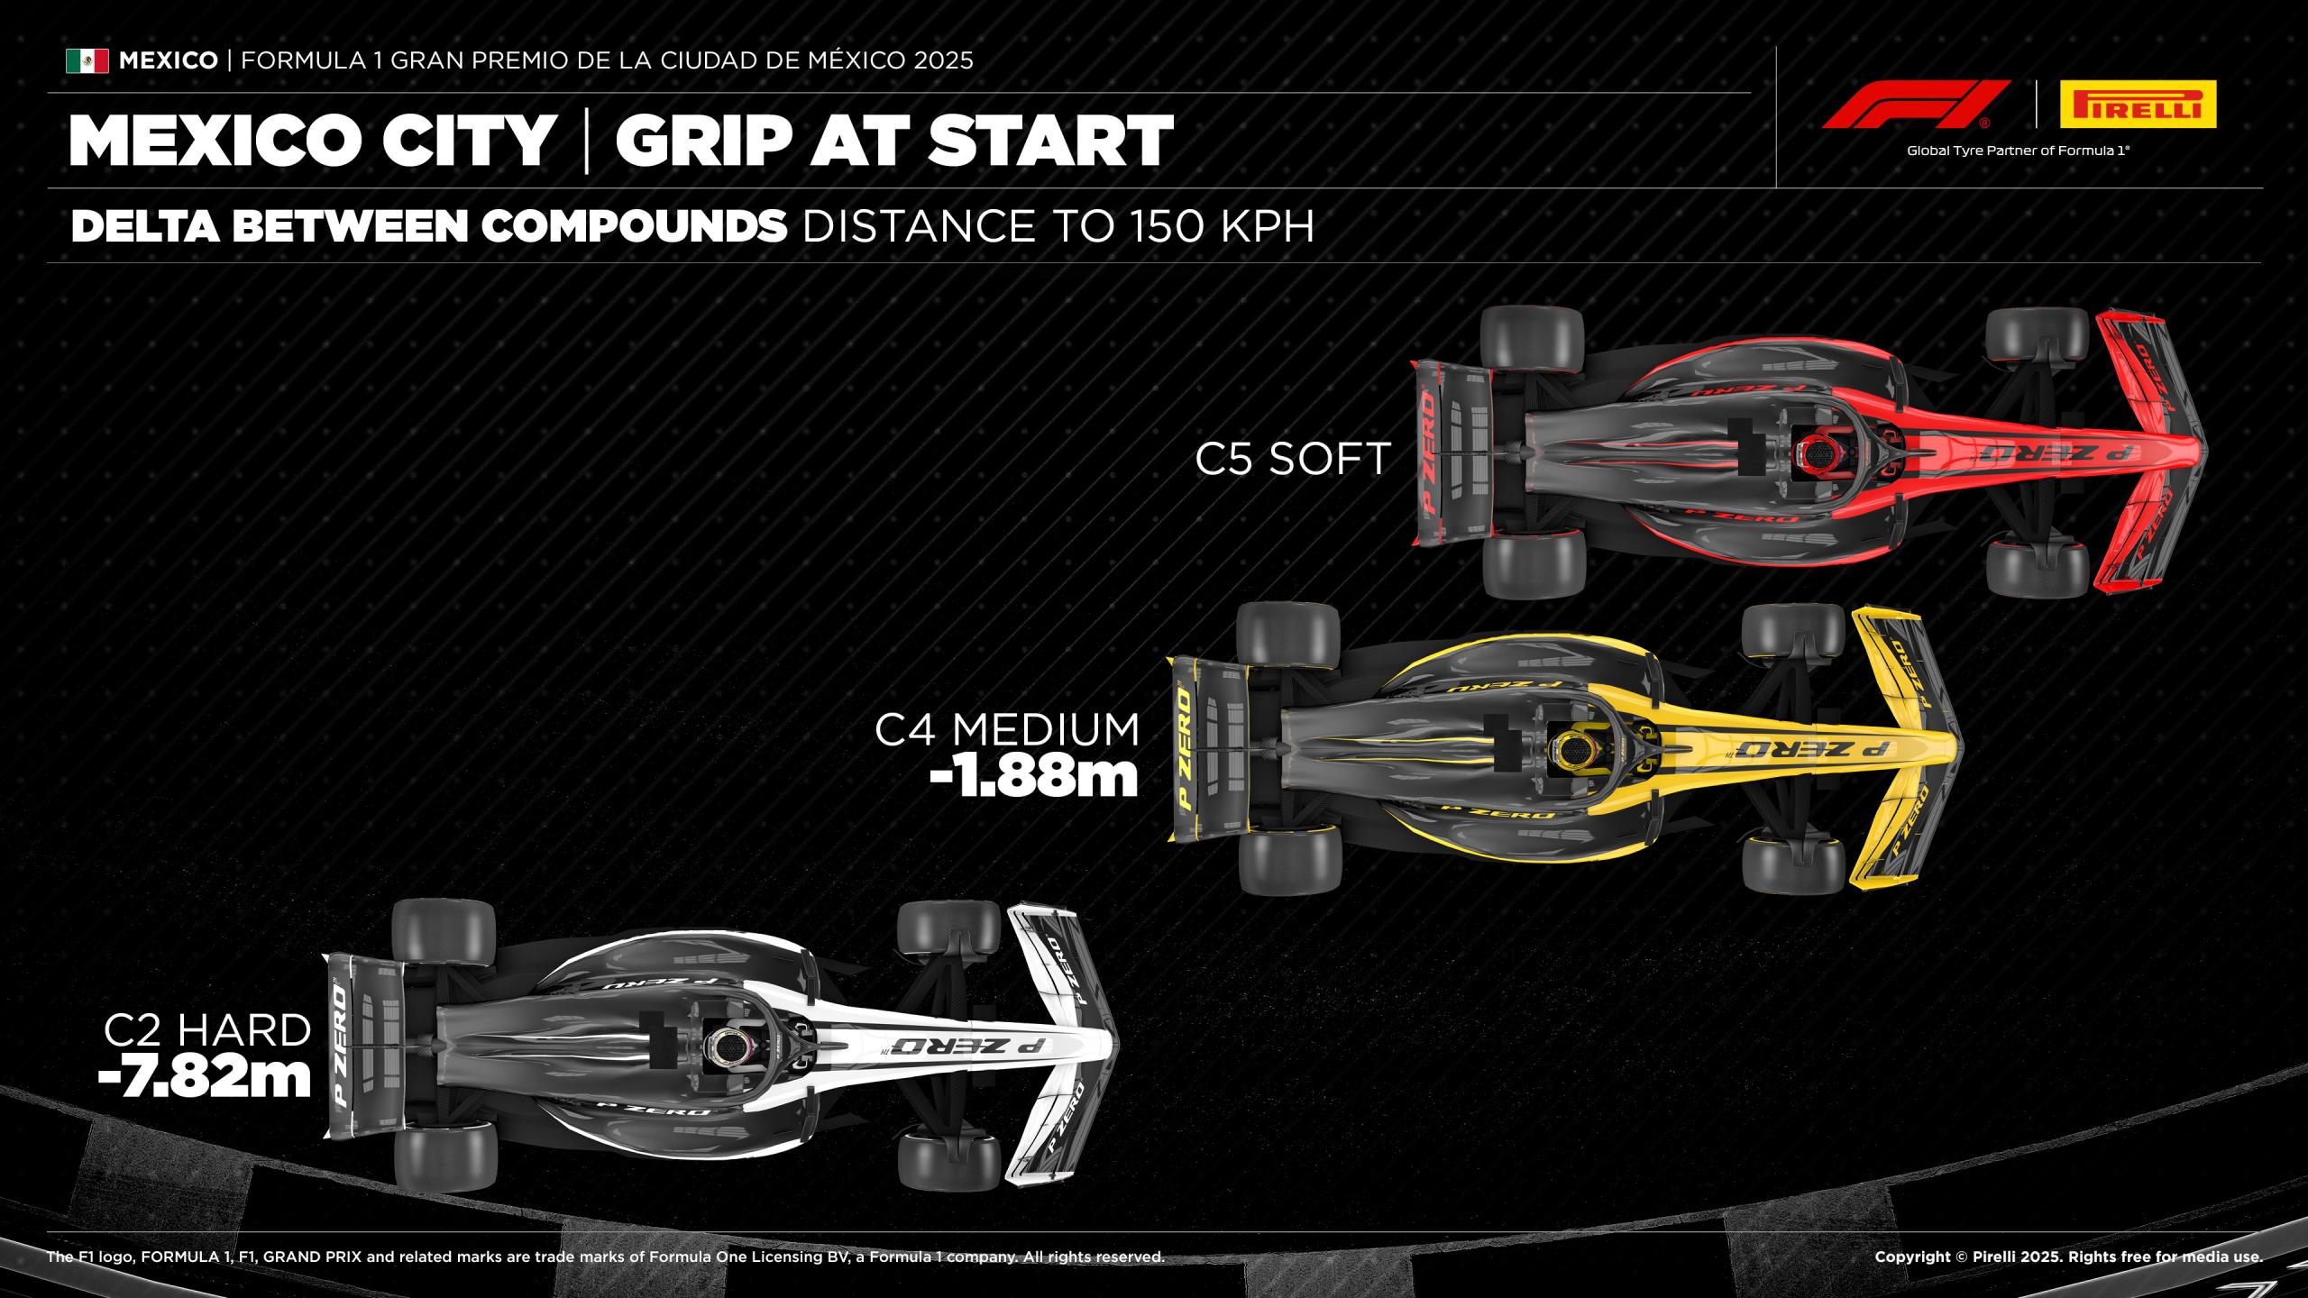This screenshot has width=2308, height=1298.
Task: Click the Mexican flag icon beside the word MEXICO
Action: [87, 60]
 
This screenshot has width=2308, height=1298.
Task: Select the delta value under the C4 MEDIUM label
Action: [1034, 778]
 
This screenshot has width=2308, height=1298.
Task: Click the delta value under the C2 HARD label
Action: [205, 1078]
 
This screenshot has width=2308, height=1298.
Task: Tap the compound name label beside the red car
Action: [1293, 459]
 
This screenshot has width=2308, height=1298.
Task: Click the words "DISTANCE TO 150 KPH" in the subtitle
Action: [1058, 226]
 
